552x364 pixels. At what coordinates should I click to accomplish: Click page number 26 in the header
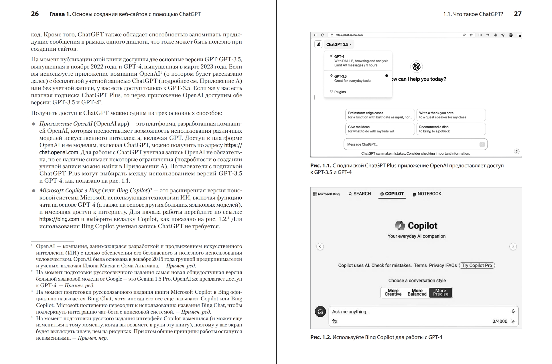pyautogui.click(x=35, y=14)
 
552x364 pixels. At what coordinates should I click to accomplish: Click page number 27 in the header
pyautogui.click(x=518, y=14)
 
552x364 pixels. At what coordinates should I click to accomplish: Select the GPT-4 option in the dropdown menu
pyautogui.click(x=358, y=61)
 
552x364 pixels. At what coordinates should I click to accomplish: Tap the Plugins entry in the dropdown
pyautogui.click(x=340, y=92)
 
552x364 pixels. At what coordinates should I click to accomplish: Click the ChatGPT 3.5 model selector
pyautogui.click(x=339, y=44)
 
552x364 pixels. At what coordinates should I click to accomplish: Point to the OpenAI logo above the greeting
pyautogui.click(x=416, y=66)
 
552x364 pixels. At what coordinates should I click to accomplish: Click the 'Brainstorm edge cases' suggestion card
pyautogui.click(x=380, y=115)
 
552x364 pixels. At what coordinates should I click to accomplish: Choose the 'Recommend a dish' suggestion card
pyautogui.click(x=451, y=129)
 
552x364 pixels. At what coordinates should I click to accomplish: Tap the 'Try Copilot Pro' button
pyautogui.click(x=477, y=265)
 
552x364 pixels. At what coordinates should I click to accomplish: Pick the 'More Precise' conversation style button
pyautogui.click(x=441, y=292)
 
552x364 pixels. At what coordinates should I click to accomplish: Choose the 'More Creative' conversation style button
pyautogui.click(x=393, y=292)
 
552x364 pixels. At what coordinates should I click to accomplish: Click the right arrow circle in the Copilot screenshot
pyautogui.click(x=513, y=246)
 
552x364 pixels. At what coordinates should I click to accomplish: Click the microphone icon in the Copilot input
pyautogui.click(x=513, y=311)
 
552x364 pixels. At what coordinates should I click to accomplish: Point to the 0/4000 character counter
pyautogui.click(x=500, y=321)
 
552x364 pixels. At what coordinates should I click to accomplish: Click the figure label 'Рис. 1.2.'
pyautogui.click(x=321, y=337)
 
